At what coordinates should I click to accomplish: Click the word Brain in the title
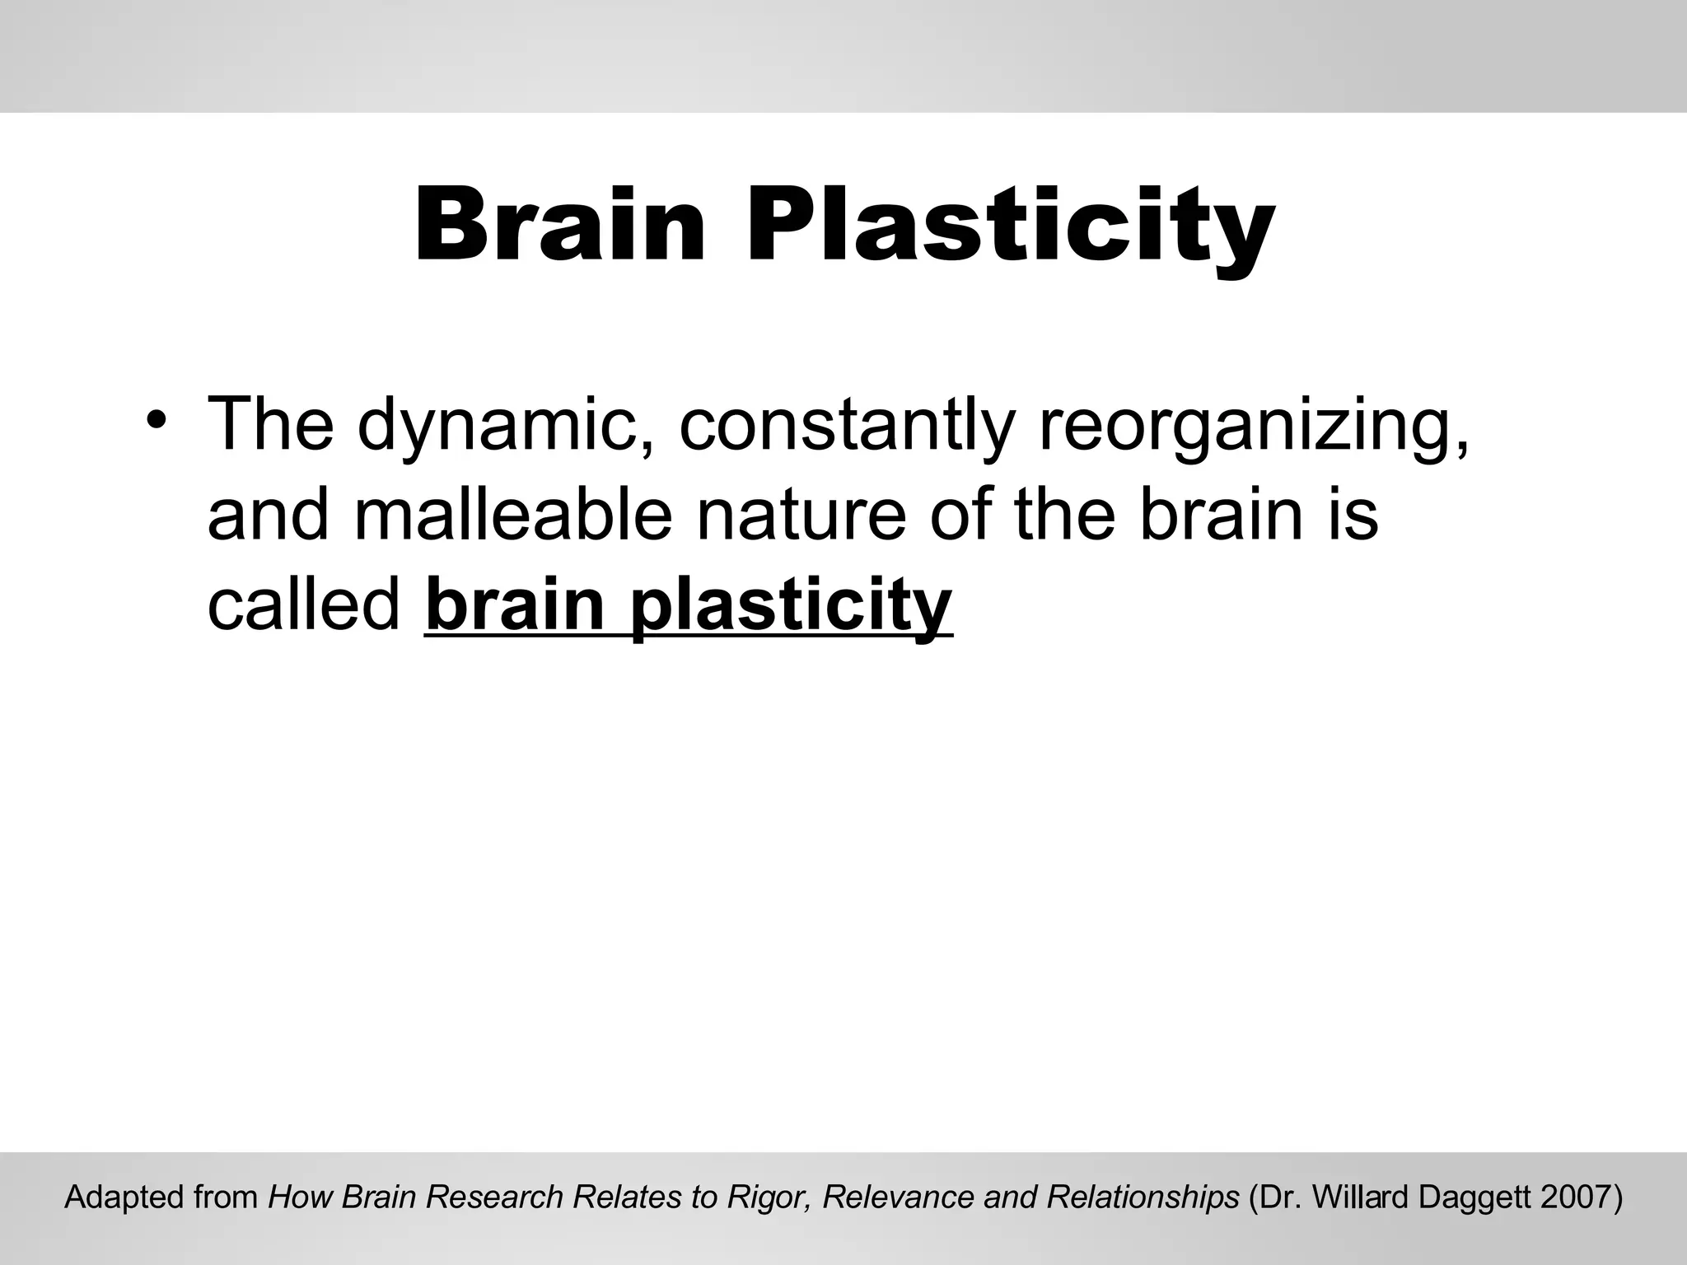click(x=559, y=225)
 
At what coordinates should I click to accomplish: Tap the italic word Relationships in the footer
click(x=1143, y=1197)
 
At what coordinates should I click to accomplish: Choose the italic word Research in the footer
click(x=493, y=1197)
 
